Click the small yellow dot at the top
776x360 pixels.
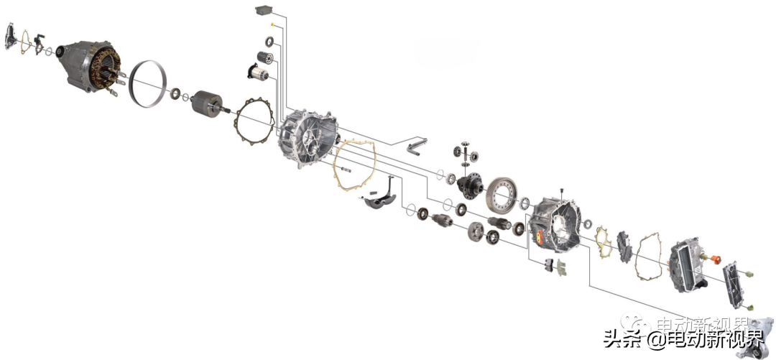tap(272, 24)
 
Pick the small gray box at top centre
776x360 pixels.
tap(264, 10)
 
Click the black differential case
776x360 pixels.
tap(470, 185)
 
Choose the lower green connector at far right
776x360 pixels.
tap(751, 308)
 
